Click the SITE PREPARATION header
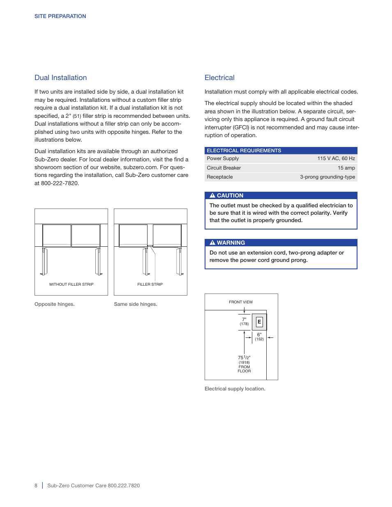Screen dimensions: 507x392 pos(60,16)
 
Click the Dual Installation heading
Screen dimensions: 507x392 pos(60,78)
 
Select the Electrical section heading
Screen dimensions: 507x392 pos(219,78)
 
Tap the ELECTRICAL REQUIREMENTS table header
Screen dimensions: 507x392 pos(244,151)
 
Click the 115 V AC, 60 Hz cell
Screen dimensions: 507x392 pos(336,158)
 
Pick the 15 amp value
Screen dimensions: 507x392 pos(346,168)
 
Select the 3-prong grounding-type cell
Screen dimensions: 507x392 pos(327,177)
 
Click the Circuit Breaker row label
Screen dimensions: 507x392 pos(224,168)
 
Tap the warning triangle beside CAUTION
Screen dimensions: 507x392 pos(212,195)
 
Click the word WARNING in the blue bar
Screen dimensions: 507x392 pos(231,243)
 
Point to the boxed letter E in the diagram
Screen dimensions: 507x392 pos(259,322)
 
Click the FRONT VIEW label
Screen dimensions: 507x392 pos(241,302)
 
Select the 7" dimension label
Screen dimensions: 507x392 pos(244,319)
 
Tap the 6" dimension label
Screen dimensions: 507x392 pos(259,335)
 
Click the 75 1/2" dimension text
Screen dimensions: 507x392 pos(244,358)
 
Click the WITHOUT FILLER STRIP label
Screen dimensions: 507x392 pos(71,284)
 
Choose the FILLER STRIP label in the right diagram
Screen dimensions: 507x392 pos(150,284)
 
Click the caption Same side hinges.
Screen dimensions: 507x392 pos(135,304)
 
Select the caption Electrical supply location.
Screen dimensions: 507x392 pos(235,389)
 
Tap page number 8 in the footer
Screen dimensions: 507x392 pos(36,486)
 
